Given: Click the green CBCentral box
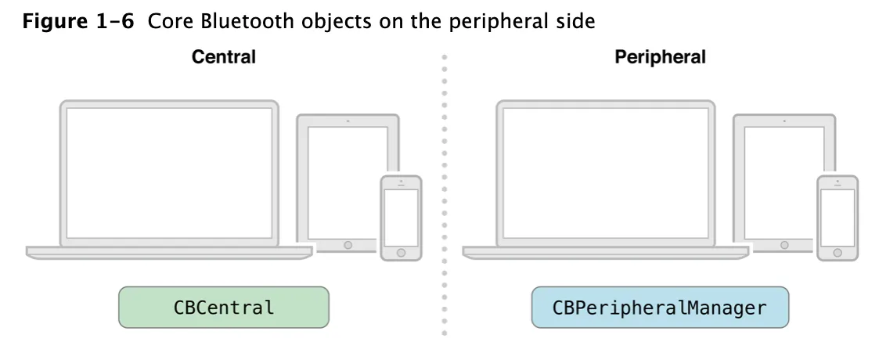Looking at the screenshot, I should pos(224,308).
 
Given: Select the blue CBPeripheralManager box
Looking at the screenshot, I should pos(660,308).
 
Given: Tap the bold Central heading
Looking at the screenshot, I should pos(224,57).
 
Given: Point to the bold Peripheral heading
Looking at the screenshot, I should pos(660,57).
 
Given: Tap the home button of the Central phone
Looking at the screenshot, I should pos(401,254).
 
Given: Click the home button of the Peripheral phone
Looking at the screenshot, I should pos(837,254).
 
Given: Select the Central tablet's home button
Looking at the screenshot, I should pos(348,245).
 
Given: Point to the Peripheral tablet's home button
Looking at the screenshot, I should pos(784,245).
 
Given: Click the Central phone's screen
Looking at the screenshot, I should pos(401,217).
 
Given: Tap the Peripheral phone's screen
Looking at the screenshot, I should pos(837,217).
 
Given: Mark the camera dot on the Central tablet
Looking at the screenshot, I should pos(348,121).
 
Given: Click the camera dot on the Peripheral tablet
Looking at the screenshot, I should pos(784,121).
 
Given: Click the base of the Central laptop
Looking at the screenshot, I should pos(169,251).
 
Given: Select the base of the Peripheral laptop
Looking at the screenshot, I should pos(606,251).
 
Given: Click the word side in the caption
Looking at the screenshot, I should pos(576,21).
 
